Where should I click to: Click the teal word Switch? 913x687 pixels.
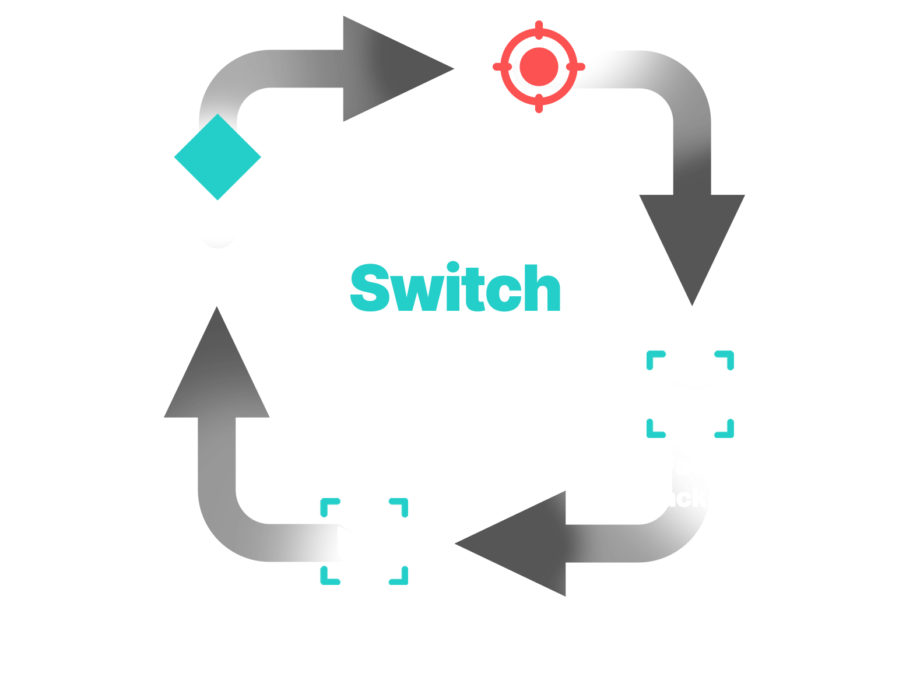455,288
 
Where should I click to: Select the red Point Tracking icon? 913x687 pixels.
542,66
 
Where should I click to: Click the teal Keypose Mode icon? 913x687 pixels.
217,157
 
